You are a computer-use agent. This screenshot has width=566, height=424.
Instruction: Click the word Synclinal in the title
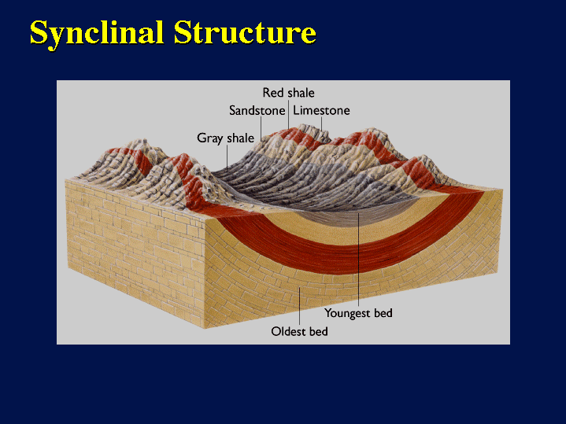97,34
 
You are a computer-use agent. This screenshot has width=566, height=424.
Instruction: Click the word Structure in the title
245,32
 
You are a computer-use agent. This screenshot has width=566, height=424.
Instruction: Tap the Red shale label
288,93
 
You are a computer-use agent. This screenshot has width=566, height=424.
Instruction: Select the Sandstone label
257,110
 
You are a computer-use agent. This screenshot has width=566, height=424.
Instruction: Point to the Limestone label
321,110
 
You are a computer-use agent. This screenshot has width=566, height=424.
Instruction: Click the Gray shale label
226,138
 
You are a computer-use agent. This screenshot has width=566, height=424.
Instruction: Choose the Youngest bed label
358,313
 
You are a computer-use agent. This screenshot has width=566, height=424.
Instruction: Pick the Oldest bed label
299,331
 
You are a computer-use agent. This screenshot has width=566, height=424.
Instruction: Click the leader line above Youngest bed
358,260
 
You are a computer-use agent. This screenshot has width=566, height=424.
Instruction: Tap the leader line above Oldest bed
300,306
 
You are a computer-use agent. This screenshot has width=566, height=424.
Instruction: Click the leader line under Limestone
322,124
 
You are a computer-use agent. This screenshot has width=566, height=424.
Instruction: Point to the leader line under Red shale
288,114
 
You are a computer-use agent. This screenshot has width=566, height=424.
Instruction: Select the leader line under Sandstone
261,129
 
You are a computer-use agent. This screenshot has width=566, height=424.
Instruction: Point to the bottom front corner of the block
205,328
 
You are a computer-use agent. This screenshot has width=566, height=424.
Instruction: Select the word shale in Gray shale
240,138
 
